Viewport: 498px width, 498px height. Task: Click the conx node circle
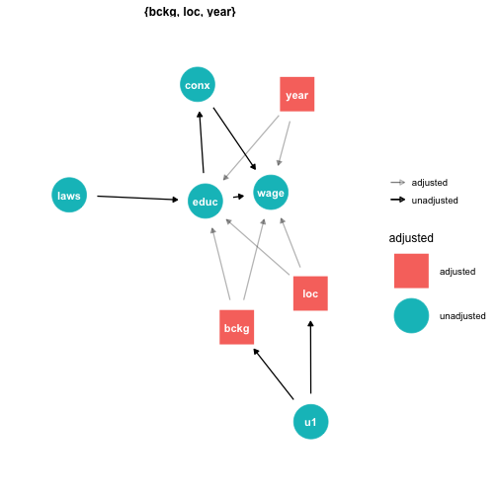(x=198, y=85)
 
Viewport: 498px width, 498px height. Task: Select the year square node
(x=297, y=94)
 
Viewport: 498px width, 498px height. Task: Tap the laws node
(x=69, y=195)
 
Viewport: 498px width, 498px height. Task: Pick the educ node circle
(x=206, y=201)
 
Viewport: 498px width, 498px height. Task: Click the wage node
(x=271, y=193)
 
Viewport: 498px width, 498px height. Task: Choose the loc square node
(x=310, y=293)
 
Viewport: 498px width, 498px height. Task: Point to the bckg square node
(x=237, y=327)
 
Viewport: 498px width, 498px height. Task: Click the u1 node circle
(x=311, y=422)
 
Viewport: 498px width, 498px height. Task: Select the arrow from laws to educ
(x=137, y=198)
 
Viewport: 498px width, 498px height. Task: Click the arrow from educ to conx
(x=202, y=142)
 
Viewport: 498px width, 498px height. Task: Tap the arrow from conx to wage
(x=235, y=138)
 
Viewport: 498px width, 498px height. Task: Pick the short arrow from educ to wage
(x=239, y=197)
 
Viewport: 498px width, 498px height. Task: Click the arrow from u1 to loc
(x=310, y=358)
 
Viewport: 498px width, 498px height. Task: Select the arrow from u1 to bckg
(x=274, y=374)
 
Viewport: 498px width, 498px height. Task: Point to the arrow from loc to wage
(x=290, y=242)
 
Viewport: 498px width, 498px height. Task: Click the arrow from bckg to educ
(x=221, y=264)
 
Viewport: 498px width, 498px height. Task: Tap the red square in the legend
(x=411, y=271)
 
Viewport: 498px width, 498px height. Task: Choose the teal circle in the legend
(x=411, y=316)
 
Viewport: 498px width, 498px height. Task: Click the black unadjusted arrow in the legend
(x=398, y=200)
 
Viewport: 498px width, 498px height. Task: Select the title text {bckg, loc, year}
(x=190, y=12)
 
